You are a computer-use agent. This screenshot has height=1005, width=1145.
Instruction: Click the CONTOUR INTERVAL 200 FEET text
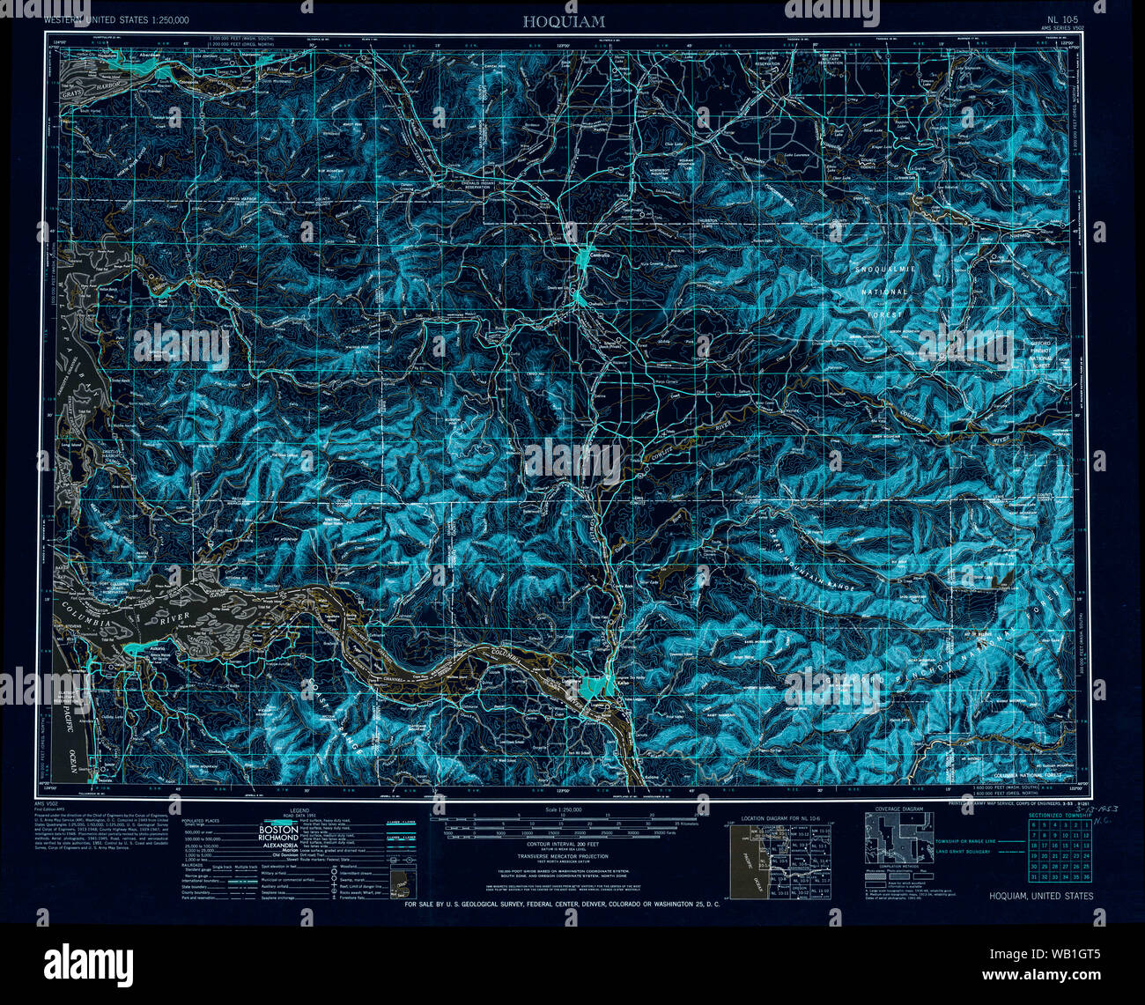coord(563,843)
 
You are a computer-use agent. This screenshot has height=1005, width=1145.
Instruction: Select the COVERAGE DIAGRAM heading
coord(898,809)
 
